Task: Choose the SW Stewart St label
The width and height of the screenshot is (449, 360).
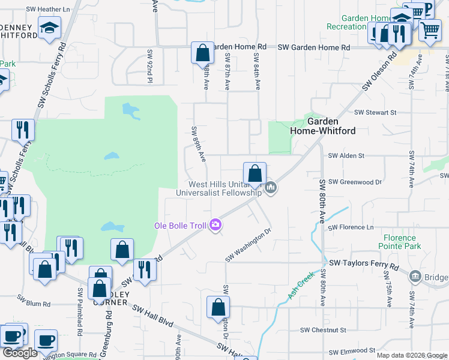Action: [x=375, y=112]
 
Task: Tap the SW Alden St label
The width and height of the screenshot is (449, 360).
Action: [x=346, y=156]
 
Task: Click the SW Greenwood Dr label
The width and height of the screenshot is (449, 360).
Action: [x=355, y=182]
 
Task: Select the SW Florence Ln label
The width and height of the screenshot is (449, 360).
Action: [x=351, y=227]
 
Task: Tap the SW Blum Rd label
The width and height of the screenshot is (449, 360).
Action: [x=34, y=304]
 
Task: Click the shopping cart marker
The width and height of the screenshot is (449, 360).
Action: [x=430, y=30]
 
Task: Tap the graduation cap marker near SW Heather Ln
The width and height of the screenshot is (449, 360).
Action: [x=49, y=28]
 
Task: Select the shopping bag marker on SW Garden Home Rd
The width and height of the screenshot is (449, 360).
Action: [x=203, y=53]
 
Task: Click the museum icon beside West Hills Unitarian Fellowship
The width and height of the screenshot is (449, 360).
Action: [x=271, y=188]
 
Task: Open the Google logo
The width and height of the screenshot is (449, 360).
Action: [x=20, y=353]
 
